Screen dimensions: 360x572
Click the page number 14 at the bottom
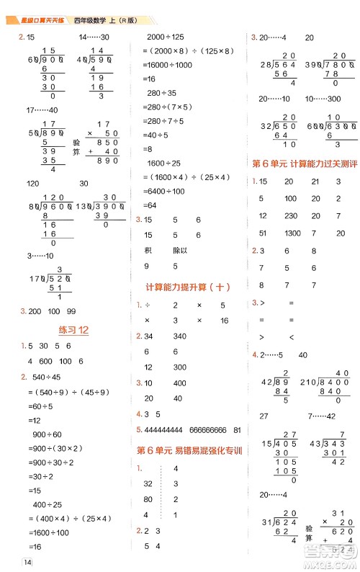coord(28,562)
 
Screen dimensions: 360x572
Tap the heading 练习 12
coord(72,330)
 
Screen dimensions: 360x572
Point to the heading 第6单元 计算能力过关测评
coord(305,164)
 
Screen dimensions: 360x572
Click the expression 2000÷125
coord(165,37)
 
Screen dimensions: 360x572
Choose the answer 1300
coord(293,233)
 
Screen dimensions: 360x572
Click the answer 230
coord(291,215)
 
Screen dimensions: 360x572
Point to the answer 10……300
coord(325,99)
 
